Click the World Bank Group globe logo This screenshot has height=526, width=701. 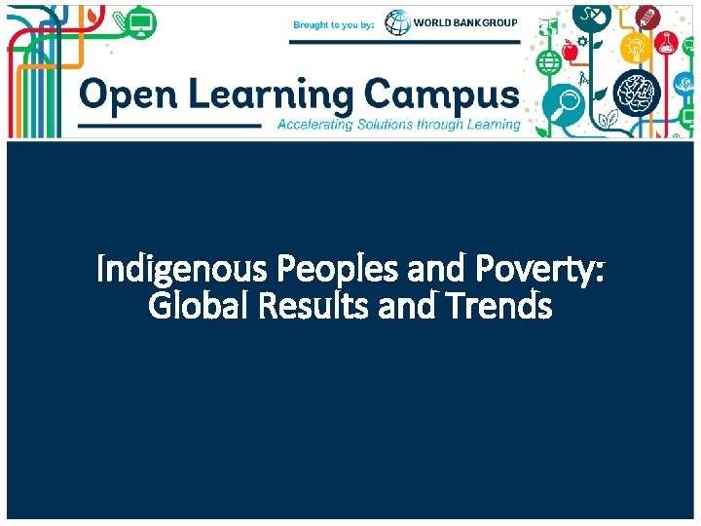click(397, 22)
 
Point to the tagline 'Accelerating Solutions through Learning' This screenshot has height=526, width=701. click(399, 125)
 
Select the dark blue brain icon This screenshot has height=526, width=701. click(638, 93)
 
